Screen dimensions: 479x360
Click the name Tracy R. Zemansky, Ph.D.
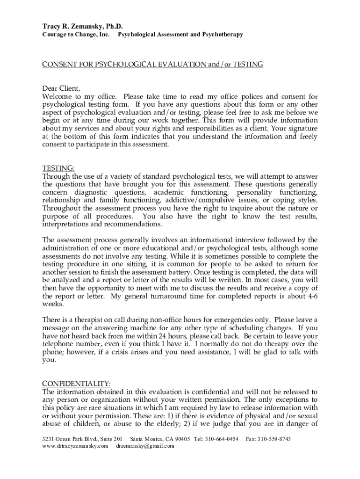click(79, 26)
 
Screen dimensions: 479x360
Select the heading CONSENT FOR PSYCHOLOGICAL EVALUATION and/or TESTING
click(152, 64)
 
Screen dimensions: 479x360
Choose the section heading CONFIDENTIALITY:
click(76, 384)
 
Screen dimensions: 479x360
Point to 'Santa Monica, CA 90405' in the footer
click(160, 439)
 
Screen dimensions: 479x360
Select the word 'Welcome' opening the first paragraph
click(57, 97)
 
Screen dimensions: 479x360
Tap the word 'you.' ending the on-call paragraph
click(49, 360)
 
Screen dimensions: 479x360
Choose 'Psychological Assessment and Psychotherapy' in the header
click(180, 35)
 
